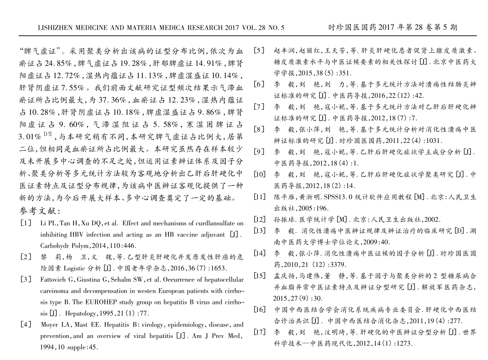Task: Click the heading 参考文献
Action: [x=40, y=211]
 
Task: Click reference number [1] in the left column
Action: [x=25, y=224]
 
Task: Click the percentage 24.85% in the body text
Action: [x=59, y=64]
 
